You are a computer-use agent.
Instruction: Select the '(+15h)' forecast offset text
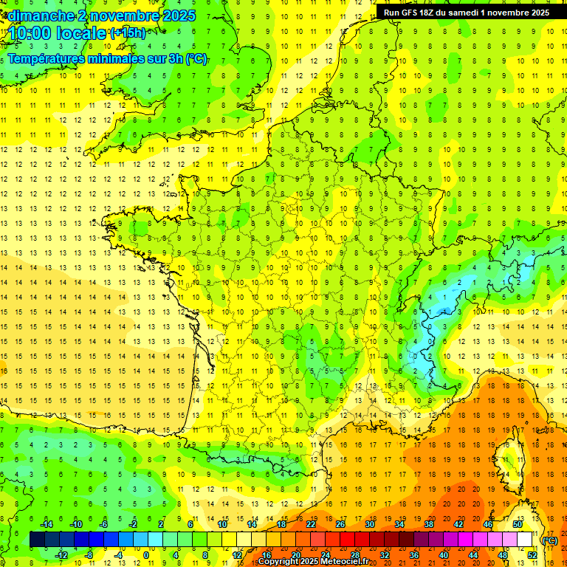128,32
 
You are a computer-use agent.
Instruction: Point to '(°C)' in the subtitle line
196,59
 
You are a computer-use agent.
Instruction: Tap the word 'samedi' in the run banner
475,13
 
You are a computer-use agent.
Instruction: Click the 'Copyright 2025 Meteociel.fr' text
313,562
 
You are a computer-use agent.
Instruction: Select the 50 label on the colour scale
518,524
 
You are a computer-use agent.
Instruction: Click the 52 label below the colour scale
532,555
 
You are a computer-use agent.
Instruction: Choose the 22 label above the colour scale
311,524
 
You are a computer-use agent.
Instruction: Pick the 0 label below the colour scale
147,555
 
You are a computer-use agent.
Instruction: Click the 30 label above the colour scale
370,524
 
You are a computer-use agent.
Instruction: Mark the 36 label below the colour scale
414,555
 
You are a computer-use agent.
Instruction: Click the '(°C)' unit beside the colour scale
549,540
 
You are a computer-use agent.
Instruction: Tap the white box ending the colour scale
525,540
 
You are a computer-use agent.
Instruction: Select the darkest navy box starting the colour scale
37,540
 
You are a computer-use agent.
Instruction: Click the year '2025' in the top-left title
179,16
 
